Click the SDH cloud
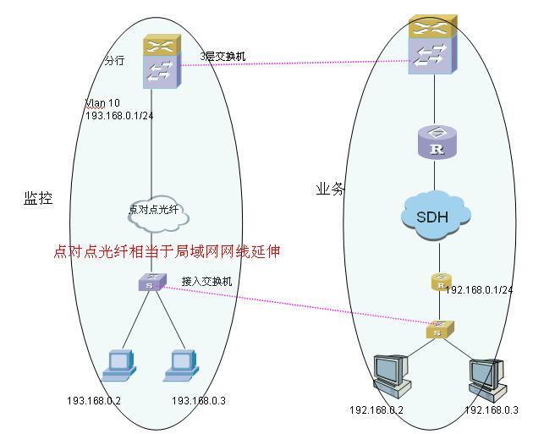tap(436, 215)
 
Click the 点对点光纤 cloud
tap(158, 212)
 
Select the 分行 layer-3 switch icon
tap(162, 62)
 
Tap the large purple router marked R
tap(437, 142)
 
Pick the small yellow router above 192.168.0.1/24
tap(442, 282)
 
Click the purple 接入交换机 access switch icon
tap(152, 282)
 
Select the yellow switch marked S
tap(440, 329)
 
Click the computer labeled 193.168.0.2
tap(119, 365)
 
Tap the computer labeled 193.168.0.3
tap(181, 365)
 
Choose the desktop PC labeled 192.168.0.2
tap(392, 376)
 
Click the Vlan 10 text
tap(102, 103)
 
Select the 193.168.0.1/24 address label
tap(119, 116)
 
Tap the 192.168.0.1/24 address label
tap(479, 289)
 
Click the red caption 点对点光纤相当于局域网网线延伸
tap(167, 251)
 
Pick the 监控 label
tap(38, 198)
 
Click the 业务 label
tap(330, 189)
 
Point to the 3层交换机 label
tap(223, 56)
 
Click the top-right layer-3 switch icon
tap(432, 44)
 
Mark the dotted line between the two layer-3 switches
tap(295, 63)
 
